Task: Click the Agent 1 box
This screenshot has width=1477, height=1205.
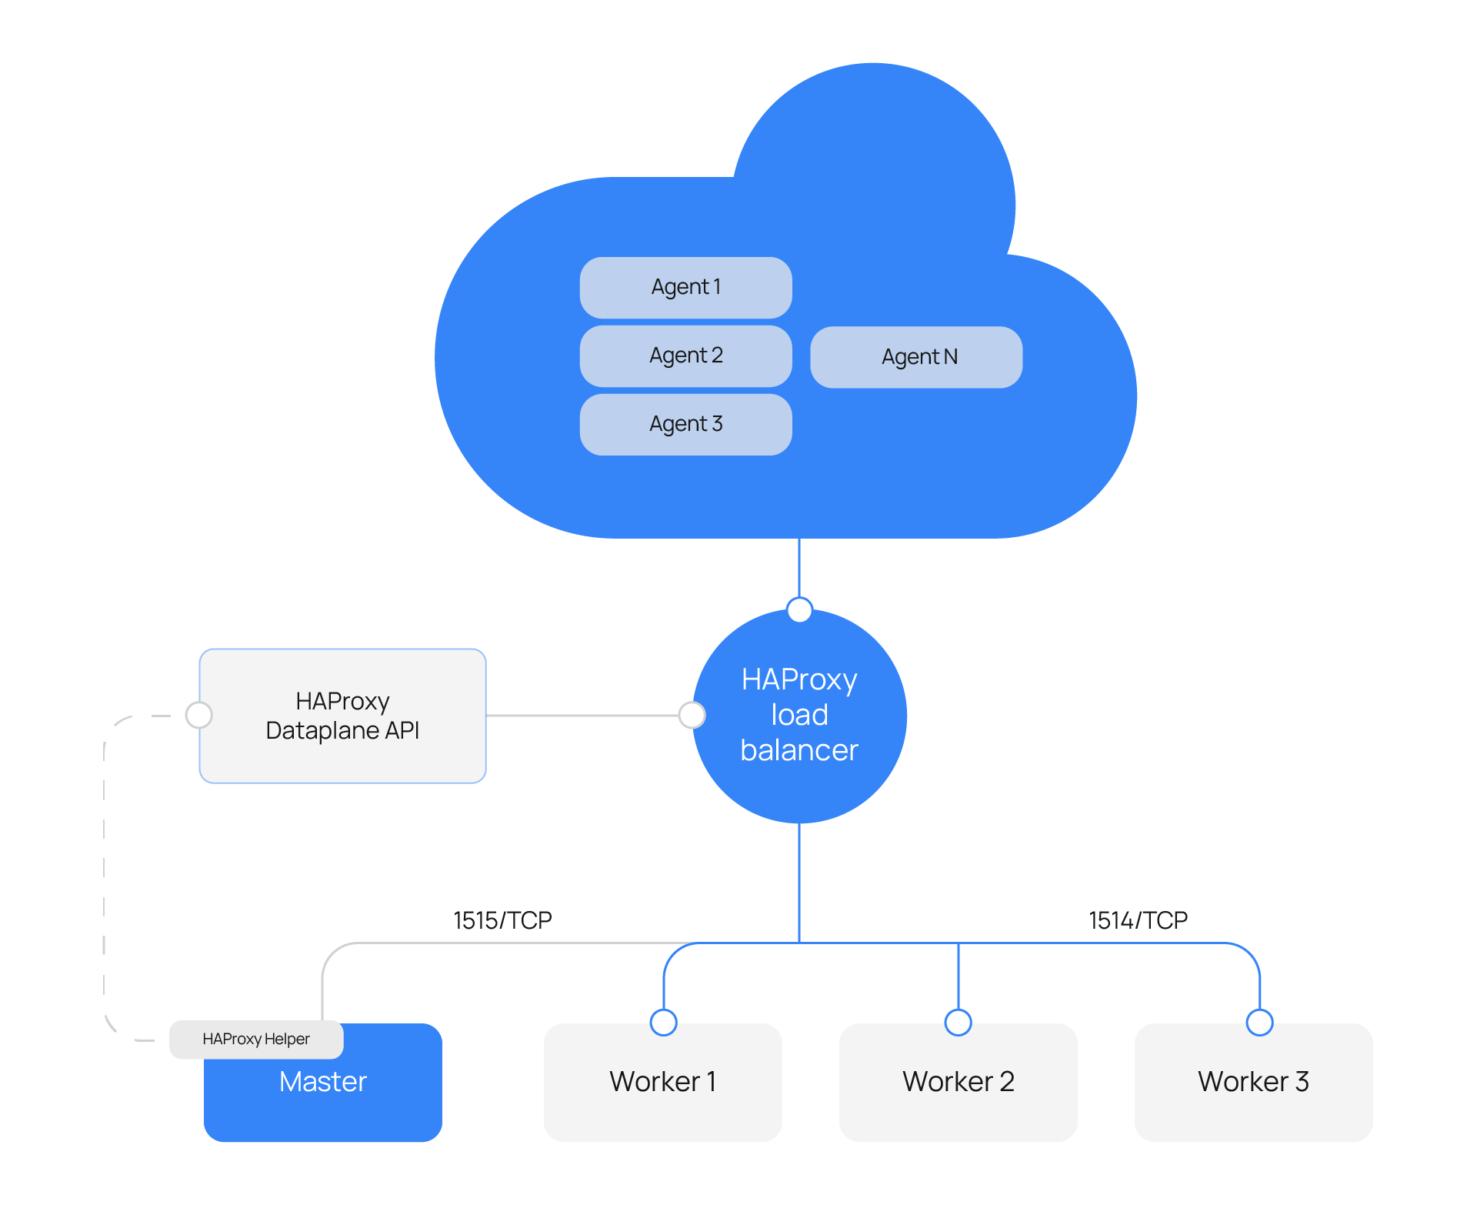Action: point(685,288)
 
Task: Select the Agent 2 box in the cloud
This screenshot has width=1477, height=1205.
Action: point(685,356)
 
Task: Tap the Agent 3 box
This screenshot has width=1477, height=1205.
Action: point(685,425)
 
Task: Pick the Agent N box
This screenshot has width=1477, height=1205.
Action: point(916,357)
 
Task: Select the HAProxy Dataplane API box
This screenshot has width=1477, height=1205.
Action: point(342,716)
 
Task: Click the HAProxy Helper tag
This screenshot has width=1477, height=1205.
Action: point(256,1040)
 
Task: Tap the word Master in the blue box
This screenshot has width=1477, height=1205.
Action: point(322,1082)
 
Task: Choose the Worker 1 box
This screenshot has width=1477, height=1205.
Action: point(662,1082)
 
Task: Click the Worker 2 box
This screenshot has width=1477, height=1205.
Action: point(958,1082)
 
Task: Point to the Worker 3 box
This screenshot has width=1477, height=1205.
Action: point(1253,1082)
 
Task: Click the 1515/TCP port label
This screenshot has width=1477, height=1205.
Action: point(502,920)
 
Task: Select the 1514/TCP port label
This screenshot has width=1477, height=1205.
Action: point(1138,920)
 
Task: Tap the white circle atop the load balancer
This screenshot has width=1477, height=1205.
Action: point(800,609)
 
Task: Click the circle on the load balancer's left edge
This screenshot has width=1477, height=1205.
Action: point(692,715)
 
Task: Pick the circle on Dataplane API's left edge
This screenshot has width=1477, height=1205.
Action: point(199,715)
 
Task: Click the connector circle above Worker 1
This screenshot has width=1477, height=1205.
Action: point(663,1023)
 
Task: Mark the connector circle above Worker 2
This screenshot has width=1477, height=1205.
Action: point(958,1023)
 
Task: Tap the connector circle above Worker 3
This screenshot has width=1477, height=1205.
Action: point(1259,1023)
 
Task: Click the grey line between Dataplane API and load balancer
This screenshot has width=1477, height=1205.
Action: point(583,716)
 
